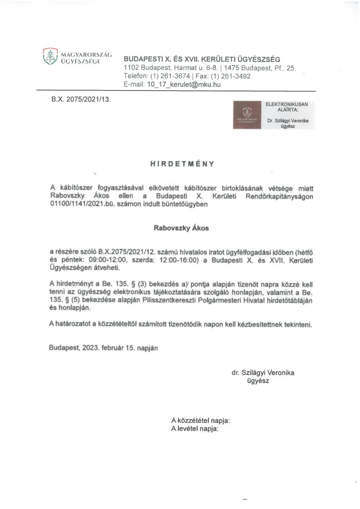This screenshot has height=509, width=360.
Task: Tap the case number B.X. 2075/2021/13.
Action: click(81, 98)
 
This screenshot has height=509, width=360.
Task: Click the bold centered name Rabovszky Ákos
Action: click(182, 228)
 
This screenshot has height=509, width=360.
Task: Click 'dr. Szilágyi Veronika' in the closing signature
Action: click(263, 373)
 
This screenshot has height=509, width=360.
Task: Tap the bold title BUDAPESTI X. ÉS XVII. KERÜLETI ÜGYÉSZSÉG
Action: click(202, 59)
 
